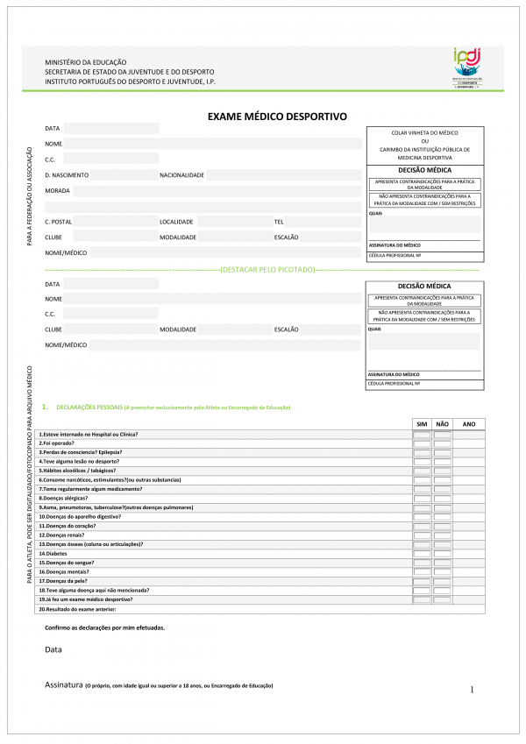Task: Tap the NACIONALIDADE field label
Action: (181, 175)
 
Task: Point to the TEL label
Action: (279, 222)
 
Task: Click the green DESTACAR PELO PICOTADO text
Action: (267, 269)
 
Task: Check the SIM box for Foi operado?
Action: (422, 443)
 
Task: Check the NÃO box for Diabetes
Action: (442, 554)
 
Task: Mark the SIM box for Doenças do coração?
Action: (422, 526)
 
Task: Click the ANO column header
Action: (468, 424)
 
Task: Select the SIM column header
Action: (422, 424)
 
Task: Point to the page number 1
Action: (472, 690)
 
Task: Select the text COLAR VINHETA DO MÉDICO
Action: (424, 132)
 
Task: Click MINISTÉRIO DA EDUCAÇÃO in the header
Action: (86, 62)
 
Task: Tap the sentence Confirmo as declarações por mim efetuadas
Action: (104, 627)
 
